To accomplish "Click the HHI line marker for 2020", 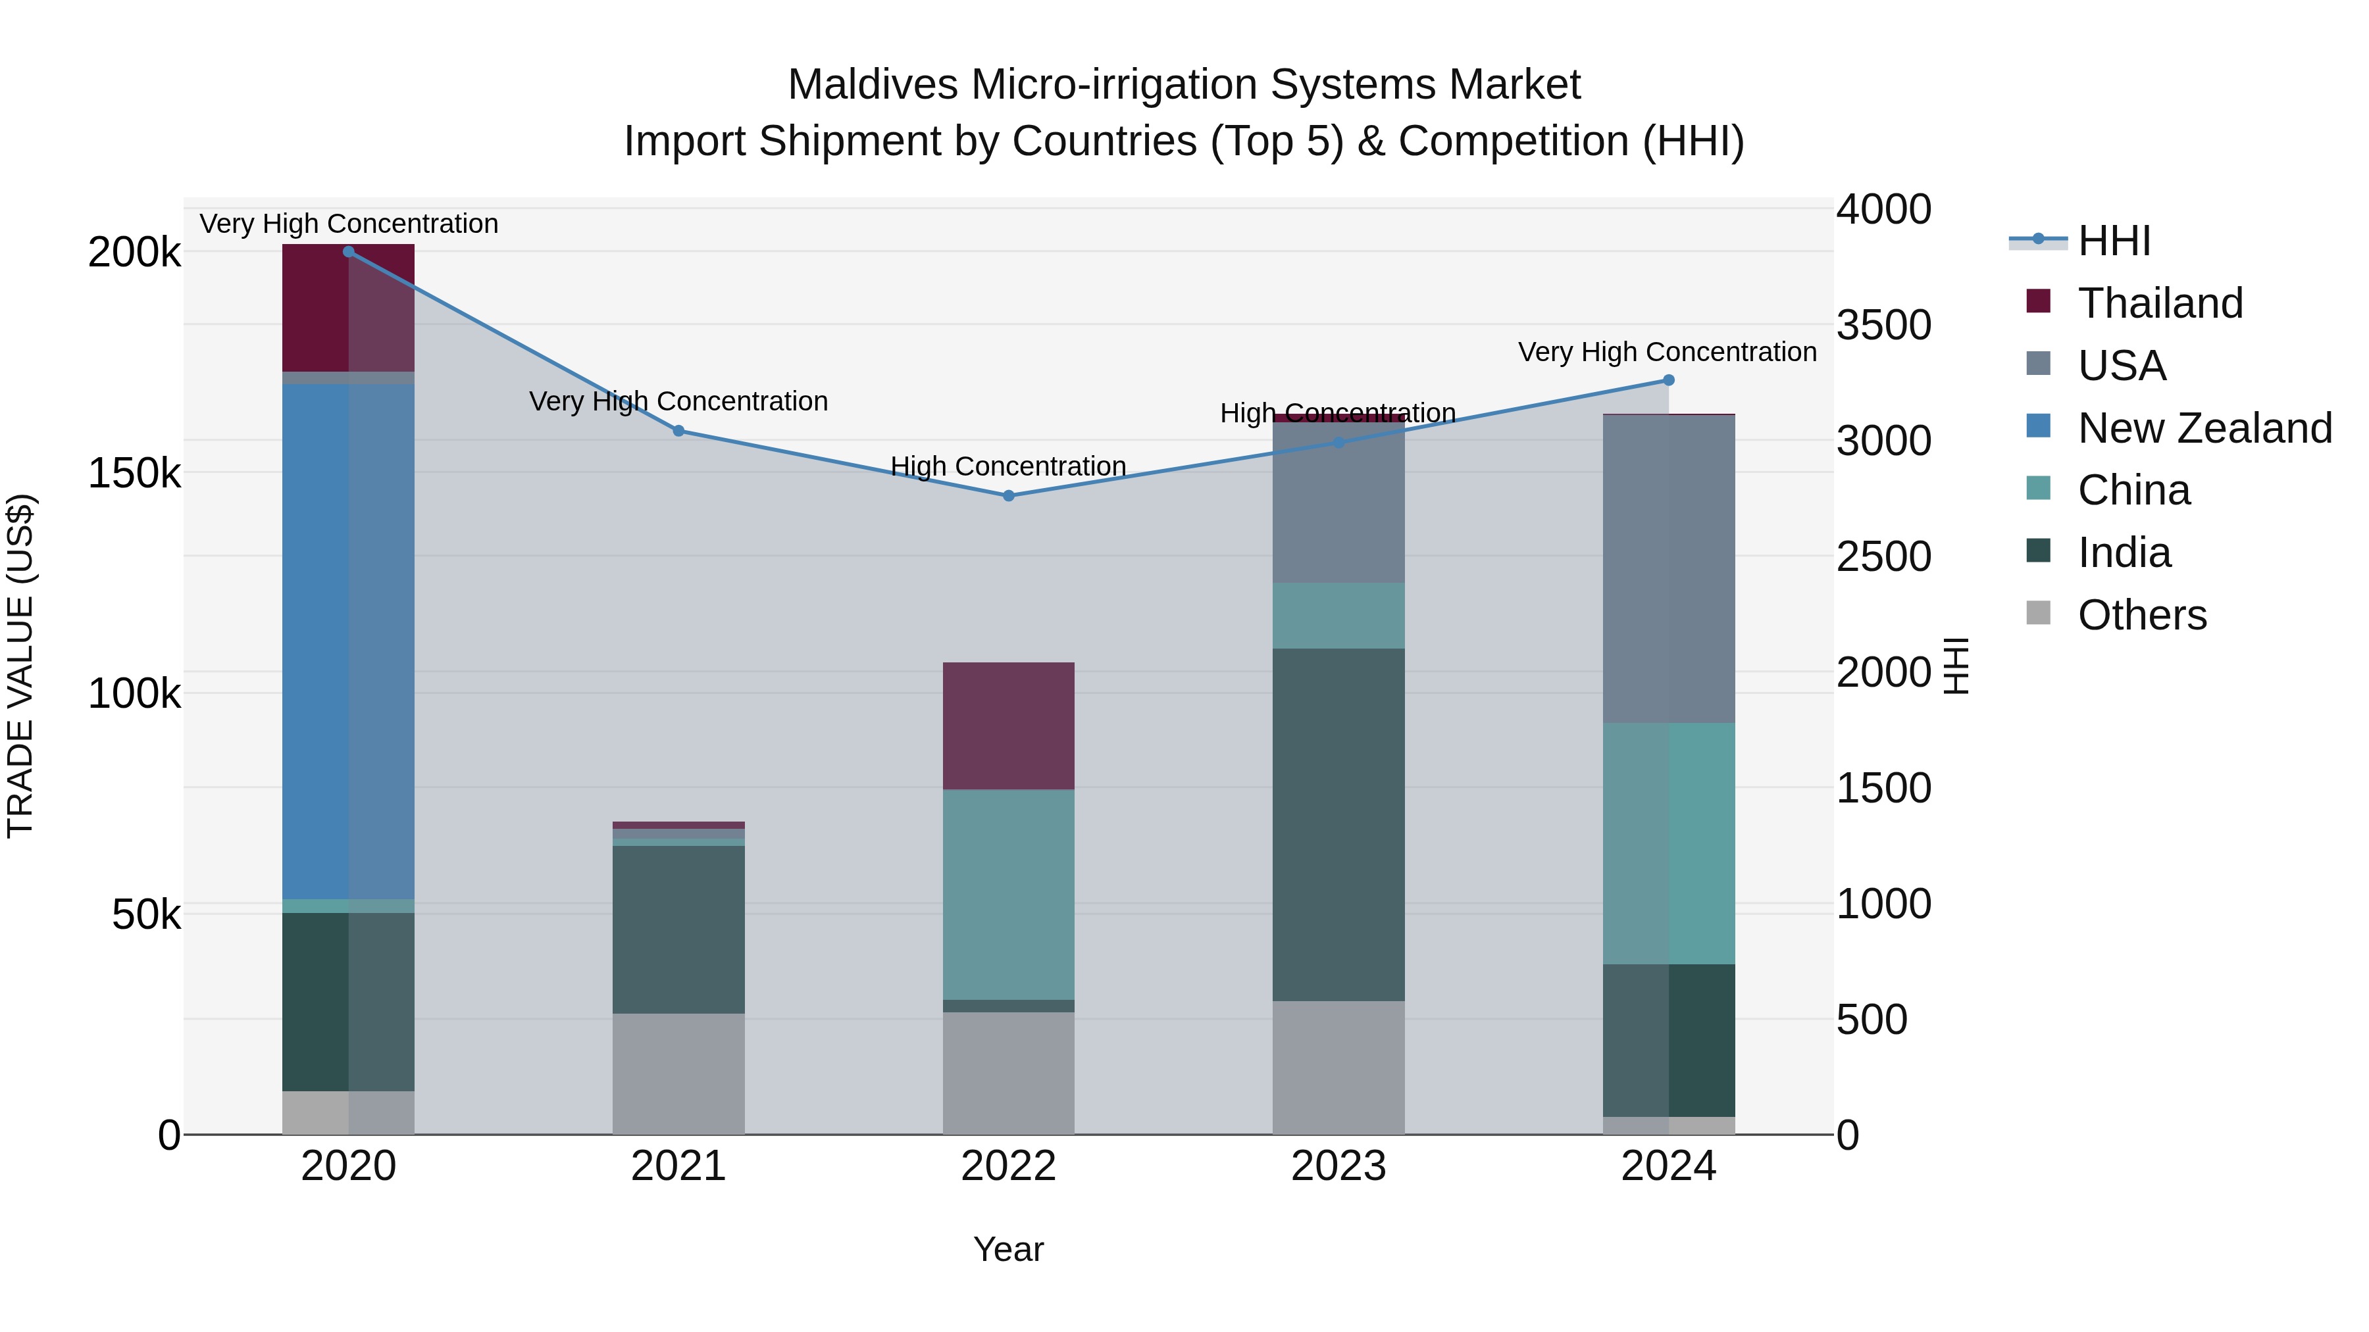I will (349, 252).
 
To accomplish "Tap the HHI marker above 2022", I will (1008, 495).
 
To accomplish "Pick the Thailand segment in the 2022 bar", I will (1008, 726).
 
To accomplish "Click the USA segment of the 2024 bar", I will (1668, 569).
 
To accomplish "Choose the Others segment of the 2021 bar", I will (678, 1073).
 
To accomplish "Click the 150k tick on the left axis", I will (134, 474).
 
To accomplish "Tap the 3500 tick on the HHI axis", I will (1883, 324).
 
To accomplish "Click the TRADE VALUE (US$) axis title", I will (20, 666).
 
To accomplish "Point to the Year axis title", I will (1008, 1249).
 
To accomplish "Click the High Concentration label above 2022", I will (1008, 466).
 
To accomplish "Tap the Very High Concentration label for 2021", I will (678, 402).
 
